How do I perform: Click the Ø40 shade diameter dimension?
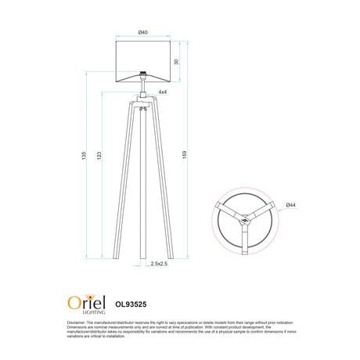[142, 31]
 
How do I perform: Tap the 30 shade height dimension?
[176, 61]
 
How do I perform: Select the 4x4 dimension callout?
[162, 92]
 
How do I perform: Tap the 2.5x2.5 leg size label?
[159, 265]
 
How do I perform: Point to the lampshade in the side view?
[142, 60]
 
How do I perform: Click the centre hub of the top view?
[244, 221]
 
